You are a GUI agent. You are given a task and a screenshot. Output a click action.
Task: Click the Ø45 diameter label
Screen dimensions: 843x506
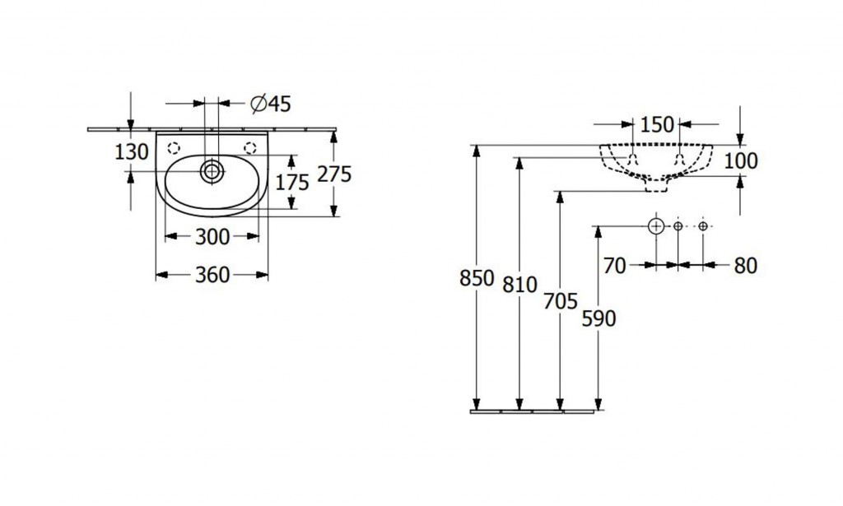click(x=271, y=104)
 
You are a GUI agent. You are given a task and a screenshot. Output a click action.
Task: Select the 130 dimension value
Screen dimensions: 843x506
click(x=132, y=152)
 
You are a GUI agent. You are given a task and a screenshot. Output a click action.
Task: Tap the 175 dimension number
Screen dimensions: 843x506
click(x=292, y=183)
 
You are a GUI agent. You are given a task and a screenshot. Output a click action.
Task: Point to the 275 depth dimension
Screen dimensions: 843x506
click(x=334, y=174)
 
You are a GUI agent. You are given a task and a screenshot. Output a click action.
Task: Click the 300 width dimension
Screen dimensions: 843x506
click(x=212, y=236)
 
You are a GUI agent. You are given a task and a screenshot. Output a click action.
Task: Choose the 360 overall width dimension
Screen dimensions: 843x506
click(x=212, y=275)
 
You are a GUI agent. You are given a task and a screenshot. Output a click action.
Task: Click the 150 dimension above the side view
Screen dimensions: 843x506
click(x=657, y=124)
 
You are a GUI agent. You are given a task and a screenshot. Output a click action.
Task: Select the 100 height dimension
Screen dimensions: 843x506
click(x=741, y=160)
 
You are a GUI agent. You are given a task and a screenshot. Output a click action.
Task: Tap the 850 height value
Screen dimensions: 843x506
click(x=477, y=278)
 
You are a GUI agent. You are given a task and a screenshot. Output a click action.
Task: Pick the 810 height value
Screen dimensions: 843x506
click(x=520, y=285)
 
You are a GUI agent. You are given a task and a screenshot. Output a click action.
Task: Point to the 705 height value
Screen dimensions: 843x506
click(x=560, y=301)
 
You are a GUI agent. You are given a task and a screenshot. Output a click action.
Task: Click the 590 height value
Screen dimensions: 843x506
click(x=599, y=318)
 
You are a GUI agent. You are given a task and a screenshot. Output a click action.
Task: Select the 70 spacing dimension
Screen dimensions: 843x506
click(x=614, y=266)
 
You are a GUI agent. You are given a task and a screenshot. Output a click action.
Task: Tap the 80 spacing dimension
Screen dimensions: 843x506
click(x=746, y=266)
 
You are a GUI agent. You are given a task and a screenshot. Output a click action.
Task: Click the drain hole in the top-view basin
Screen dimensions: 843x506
click(x=212, y=171)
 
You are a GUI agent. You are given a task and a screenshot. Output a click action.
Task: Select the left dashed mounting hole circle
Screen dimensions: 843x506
click(x=174, y=148)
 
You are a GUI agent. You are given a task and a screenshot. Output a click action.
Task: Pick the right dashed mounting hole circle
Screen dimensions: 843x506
click(x=250, y=148)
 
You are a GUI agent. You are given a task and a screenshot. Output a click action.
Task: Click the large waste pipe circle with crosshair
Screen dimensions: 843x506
click(x=656, y=226)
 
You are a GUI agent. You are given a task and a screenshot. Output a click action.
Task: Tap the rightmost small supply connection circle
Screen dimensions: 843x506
click(x=703, y=226)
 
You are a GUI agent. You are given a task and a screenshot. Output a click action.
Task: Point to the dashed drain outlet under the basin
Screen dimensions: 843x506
click(x=656, y=185)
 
